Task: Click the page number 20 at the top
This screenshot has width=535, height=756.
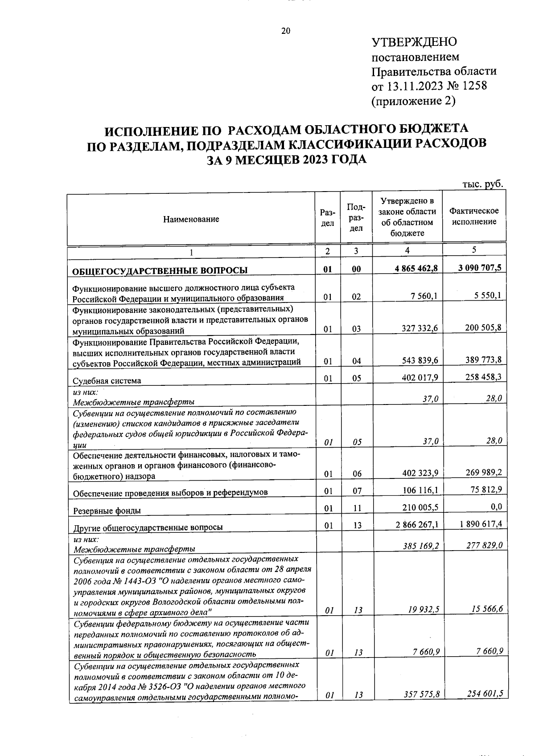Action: pyautogui.click(x=285, y=31)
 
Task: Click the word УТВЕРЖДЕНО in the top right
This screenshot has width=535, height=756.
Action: pyautogui.click(x=414, y=42)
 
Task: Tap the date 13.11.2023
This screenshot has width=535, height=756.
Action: pyautogui.click(x=415, y=86)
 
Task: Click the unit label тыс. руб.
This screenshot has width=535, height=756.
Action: pyautogui.click(x=483, y=184)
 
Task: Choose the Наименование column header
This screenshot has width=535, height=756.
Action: pyautogui.click(x=191, y=219)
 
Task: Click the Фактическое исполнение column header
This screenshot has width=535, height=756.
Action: pyautogui.click(x=474, y=216)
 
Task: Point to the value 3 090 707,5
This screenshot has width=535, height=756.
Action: pyautogui.click(x=479, y=267)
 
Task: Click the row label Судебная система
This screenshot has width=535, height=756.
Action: pyautogui.click(x=107, y=380)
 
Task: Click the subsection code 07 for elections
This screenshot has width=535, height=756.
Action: pyautogui.click(x=357, y=491)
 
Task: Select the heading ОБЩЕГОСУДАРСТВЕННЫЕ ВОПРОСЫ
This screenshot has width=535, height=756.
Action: pyautogui.click(x=160, y=270)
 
